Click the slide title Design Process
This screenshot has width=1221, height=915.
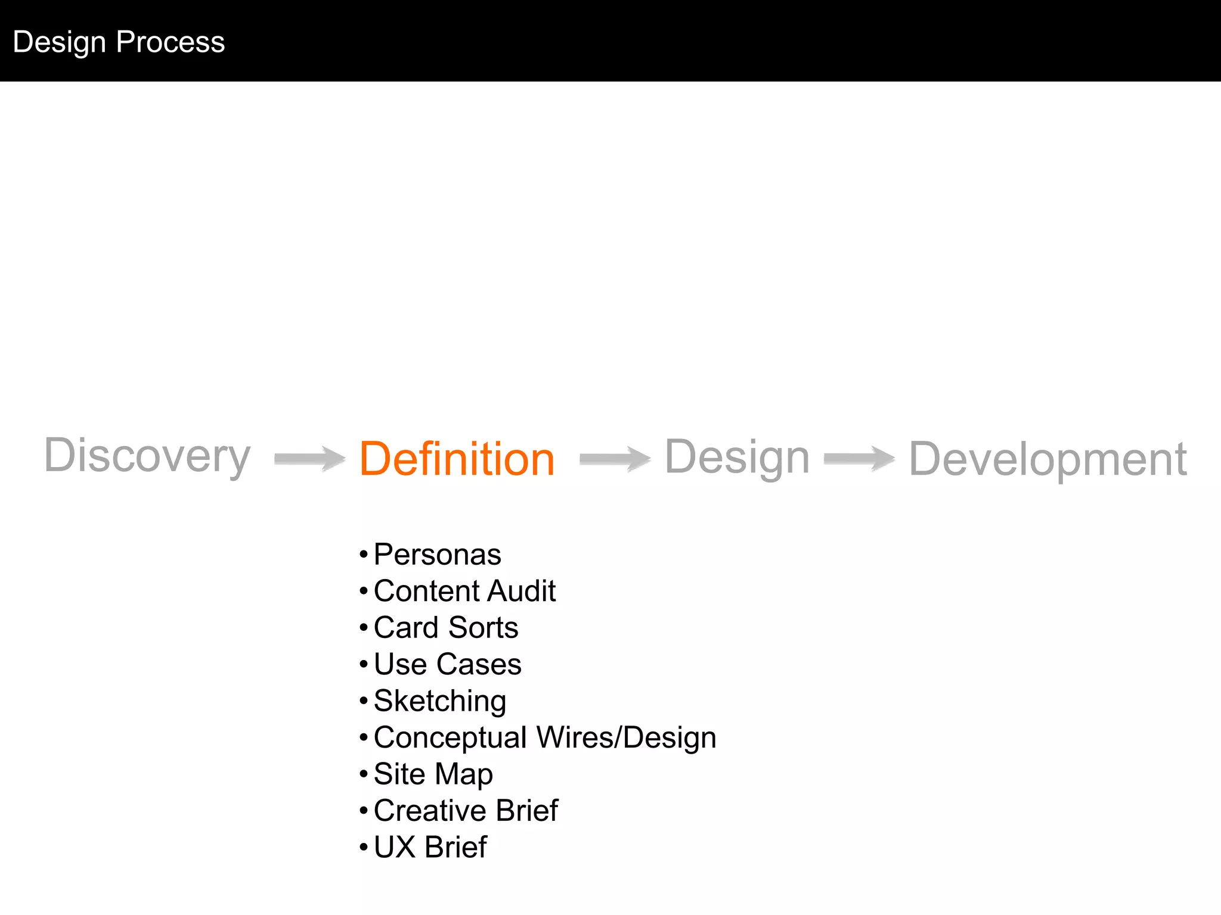[x=119, y=42]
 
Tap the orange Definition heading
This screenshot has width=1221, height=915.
[x=457, y=459]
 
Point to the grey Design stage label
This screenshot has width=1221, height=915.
[x=737, y=457]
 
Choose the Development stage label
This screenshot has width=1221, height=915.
[x=1048, y=459]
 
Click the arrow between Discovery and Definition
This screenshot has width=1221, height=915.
[x=310, y=459]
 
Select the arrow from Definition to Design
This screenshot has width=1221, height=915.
[x=615, y=459]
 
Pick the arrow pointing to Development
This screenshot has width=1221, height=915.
[x=859, y=459]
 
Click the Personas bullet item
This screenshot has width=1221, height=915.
[x=437, y=555]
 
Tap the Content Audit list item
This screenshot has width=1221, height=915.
[x=464, y=591]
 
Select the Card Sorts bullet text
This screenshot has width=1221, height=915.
[x=446, y=627]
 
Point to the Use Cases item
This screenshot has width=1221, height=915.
[x=447, y=664]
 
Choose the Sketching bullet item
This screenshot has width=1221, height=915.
[x=440, y=701]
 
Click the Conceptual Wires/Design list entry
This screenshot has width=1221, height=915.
[x=544, y=737]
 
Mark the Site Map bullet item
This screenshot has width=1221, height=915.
[x=433, y=774]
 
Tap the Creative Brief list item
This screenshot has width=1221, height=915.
[x=466, y=811]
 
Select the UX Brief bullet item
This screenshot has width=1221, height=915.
[x=430, y=847]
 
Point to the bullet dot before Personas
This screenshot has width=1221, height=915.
[x=364, y=555]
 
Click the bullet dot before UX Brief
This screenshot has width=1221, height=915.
[x=364, y=848]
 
